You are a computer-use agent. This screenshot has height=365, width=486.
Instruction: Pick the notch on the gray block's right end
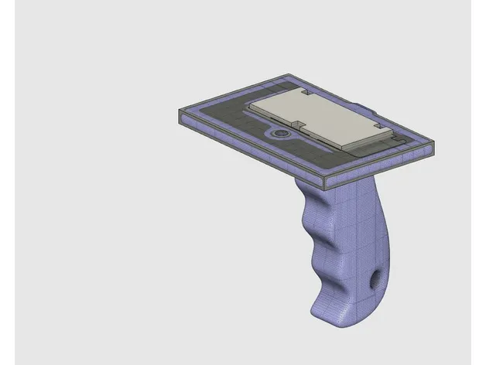[x=377, y=125]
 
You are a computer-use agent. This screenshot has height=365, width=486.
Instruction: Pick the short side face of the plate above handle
[x=379, y=165]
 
